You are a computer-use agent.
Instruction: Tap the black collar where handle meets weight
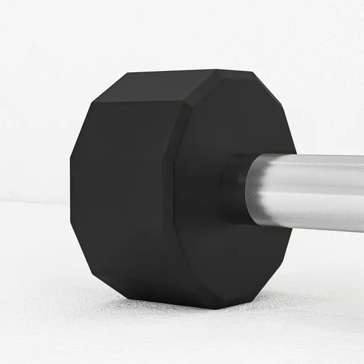pos(234,188)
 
